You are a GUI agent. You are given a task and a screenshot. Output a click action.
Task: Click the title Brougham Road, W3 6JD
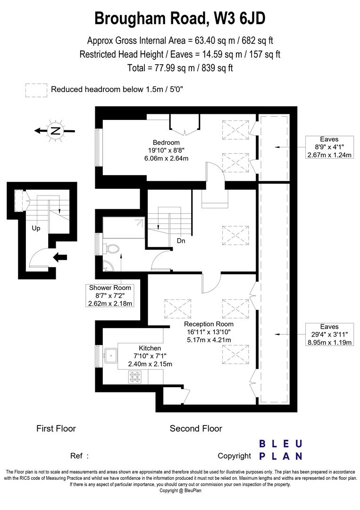click(x=180, y=18)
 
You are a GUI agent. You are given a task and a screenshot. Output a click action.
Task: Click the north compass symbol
click(x=56, y=131)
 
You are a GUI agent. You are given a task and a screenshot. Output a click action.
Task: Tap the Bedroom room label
click(x=166, y=142)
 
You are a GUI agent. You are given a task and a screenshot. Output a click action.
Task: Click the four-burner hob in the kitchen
click(x=134, y=377)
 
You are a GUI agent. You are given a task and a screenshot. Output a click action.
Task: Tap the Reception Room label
click(x=209, y=324)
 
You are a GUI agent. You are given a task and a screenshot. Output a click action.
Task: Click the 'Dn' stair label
click(x=181, y=241)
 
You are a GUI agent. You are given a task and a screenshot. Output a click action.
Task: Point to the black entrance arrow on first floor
click(x=61, y=257)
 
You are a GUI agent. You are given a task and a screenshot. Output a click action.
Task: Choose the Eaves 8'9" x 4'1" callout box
click(x=329, y=147)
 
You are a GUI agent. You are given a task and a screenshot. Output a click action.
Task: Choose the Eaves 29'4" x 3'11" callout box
click(x=329, y=334)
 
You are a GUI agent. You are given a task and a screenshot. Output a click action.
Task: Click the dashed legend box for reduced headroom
click(x=36, y=89)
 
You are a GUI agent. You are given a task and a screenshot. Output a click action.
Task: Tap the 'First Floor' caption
click(x=56, y=429)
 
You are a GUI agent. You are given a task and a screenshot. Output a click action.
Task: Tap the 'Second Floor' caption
click(x=196, y=429)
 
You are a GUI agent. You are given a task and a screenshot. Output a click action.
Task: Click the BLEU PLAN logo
click(x=281, y=450)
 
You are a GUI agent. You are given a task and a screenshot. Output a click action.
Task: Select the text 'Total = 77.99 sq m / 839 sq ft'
click(x=180, y=68)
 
